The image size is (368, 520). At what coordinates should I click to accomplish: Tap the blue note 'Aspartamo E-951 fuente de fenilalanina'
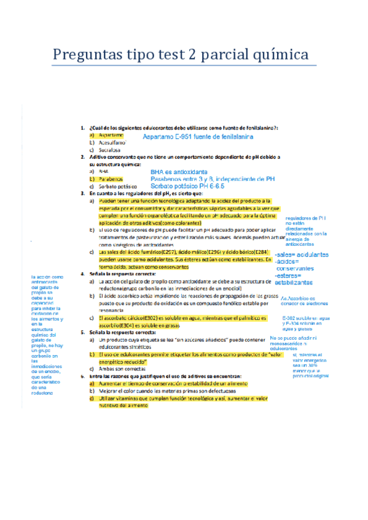(x=197, y=137)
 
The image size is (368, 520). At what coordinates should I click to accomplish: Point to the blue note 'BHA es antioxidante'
(x=179, y=172)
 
